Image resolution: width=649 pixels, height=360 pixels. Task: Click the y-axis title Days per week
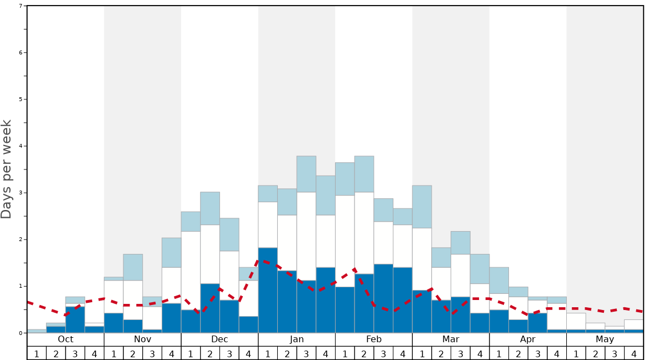[x=7, y=169]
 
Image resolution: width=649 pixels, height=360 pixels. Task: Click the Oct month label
[x=66, y=339]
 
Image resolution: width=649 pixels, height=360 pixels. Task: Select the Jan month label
[x=297, y=339]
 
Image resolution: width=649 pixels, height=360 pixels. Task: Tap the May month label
[x=605, y=339]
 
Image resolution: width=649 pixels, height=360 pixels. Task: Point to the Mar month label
[x=451, y=339]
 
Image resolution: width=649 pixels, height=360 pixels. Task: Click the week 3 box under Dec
[x=229, y=353]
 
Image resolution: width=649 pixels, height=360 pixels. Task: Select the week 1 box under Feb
[x=345, y=353]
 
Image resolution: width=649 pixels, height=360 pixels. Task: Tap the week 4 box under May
[x=634, y=353]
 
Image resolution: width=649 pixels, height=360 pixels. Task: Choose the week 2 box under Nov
[x=133, y=353]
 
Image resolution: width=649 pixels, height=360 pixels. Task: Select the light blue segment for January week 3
[x=306, y=174]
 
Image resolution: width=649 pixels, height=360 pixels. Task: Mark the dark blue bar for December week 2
[x=210, y=308]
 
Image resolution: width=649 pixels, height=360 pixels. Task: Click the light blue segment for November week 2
[x=133, y=267]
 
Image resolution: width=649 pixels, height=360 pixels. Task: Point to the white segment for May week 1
[x=576, y=321]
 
